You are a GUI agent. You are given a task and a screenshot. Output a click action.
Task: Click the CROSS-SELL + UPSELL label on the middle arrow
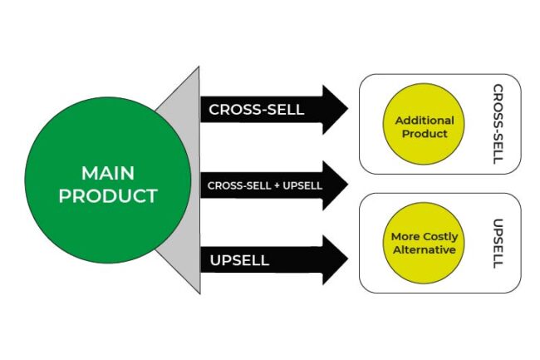pos(265,185)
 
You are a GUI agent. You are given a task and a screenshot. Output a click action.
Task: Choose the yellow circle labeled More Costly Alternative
pos(424,243)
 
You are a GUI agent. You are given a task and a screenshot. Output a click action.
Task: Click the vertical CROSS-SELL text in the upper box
pos(497,124)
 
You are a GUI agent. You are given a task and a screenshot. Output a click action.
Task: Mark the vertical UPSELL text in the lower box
pos(497,243)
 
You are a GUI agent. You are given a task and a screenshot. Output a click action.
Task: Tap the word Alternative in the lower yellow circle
pos(424,249)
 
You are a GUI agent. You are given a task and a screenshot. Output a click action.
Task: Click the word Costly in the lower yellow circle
pos(438,237)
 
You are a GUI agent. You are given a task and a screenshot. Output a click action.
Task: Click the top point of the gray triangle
pos(199,68)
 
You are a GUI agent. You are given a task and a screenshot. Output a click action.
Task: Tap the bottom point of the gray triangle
pos(199,293)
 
